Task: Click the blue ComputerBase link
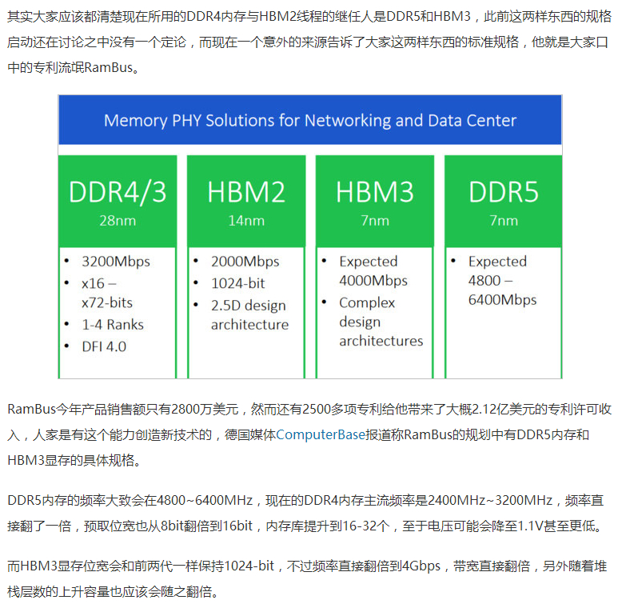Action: pos(321,434)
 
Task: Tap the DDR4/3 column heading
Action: pos(118,192)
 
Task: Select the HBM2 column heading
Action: pos(246,192)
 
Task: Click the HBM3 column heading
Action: pos(375,192)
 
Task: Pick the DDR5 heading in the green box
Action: pos(504,192)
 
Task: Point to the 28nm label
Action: pos(118,221)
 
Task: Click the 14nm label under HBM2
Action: pos(246,221)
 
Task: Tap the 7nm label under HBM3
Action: pos(375,221)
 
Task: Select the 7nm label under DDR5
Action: pos(504,221)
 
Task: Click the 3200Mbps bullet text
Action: pos(116,262)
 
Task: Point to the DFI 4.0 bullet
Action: pos(104,346)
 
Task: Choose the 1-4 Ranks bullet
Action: pos(113,325)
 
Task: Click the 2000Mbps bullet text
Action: pos(245,262)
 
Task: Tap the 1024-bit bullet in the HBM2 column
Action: pos(238,283)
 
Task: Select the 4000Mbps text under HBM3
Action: pos(373,281)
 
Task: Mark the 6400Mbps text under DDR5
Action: pos(503,300)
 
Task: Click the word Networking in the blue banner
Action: pos(348,121)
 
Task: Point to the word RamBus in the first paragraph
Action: pos(109,67)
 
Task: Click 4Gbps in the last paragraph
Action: pos(421,566)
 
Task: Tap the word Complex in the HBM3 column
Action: pos(367,303)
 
